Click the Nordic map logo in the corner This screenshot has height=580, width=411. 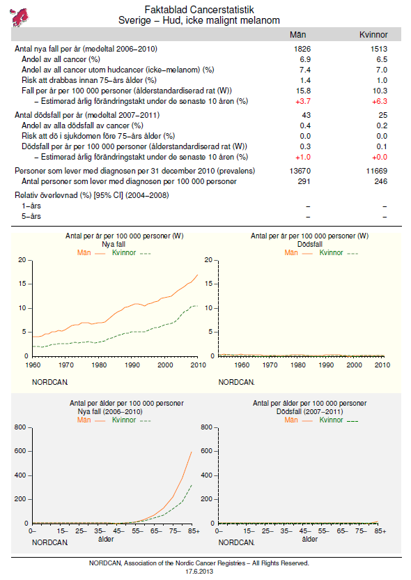click(x=20, y=17)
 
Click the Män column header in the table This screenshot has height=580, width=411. click(x=297, y=35)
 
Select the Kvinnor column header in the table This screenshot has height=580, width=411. click(x=373, y=35)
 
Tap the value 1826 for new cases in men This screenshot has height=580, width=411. click(x=302, y=49)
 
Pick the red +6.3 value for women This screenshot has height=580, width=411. click(x=380, y=101)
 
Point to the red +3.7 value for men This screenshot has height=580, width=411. click(x=303, y=101)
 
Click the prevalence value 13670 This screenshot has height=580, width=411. click(x=300, y=171)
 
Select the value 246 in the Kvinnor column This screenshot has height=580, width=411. click(x=380, y=181)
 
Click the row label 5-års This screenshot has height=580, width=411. click(x=31, y=216)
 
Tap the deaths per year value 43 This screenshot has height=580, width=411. click(x=307, y=115)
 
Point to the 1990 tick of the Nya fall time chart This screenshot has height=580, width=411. click(x=132, y=365)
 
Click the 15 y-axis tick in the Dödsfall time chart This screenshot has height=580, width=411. click(x=209, y=284)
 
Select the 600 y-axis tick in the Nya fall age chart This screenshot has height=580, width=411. click(x=20, y=451)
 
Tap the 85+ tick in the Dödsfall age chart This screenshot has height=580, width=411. click(x=380, y=531)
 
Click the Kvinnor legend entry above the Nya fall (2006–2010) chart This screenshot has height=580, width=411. click(x=131, y=420)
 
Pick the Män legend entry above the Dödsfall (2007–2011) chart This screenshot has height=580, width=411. click(x=298, y=420)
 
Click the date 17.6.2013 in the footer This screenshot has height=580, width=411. click(x=199, y=572)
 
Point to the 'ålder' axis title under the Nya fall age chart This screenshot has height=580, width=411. click(x=106, y=540)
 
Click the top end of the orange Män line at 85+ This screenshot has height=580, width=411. click(x=192, y=452)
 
